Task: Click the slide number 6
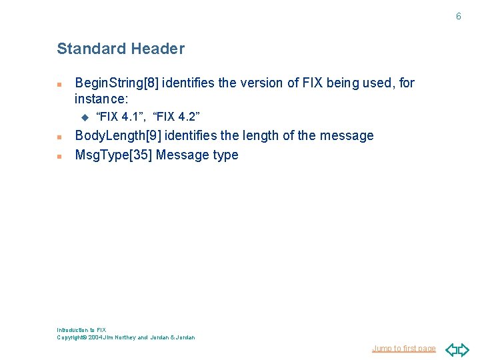pos(458,16)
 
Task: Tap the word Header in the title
pos(158,49)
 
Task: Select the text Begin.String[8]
pos(117,83)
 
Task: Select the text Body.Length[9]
pos(117,136)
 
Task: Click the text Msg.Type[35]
pos(114,155)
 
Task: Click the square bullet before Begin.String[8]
pos(59,85)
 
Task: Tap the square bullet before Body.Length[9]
pos(59,137)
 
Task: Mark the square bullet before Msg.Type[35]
pos(59,157)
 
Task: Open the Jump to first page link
pos(404,349)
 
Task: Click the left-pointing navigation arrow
pos(451,349)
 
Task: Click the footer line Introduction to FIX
pos(81,330)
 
